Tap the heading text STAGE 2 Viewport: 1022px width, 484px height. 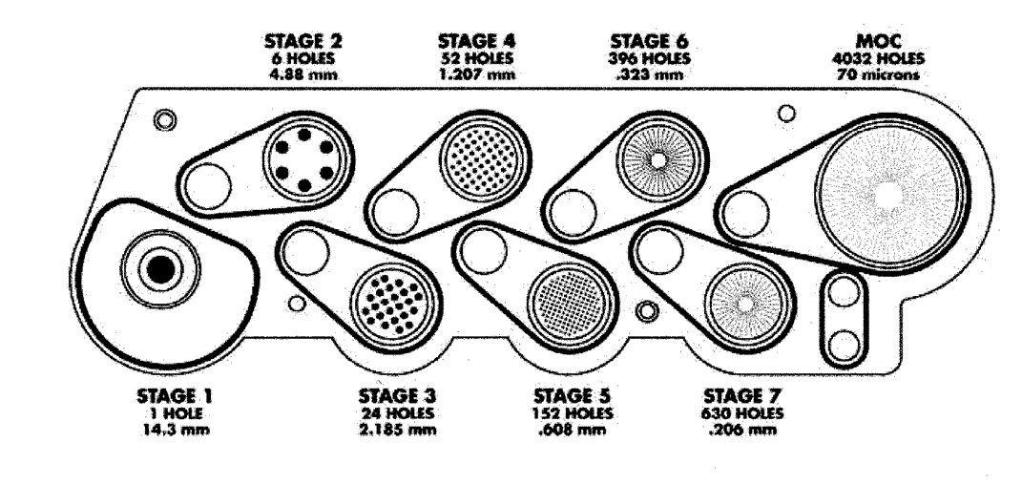303,41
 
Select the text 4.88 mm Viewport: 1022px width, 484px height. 303,74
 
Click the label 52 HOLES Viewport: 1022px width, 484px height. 476,58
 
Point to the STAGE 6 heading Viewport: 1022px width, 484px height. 650,41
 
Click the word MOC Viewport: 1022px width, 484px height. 878,41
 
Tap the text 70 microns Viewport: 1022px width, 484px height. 878,74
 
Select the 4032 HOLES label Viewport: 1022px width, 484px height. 878,58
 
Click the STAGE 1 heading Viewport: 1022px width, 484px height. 175,396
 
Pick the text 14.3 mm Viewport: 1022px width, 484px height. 175,430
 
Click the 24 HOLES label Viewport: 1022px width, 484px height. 397,413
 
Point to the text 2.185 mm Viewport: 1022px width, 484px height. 397,430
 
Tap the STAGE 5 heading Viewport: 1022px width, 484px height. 573,396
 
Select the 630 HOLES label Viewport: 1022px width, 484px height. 742,413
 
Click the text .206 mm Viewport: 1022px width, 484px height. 742,430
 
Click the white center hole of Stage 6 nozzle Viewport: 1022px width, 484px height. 658,159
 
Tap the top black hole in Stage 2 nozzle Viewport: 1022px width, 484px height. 303,135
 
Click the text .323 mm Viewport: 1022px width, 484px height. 650,74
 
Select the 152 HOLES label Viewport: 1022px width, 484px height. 573,413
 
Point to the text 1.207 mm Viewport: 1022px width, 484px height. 476,74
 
